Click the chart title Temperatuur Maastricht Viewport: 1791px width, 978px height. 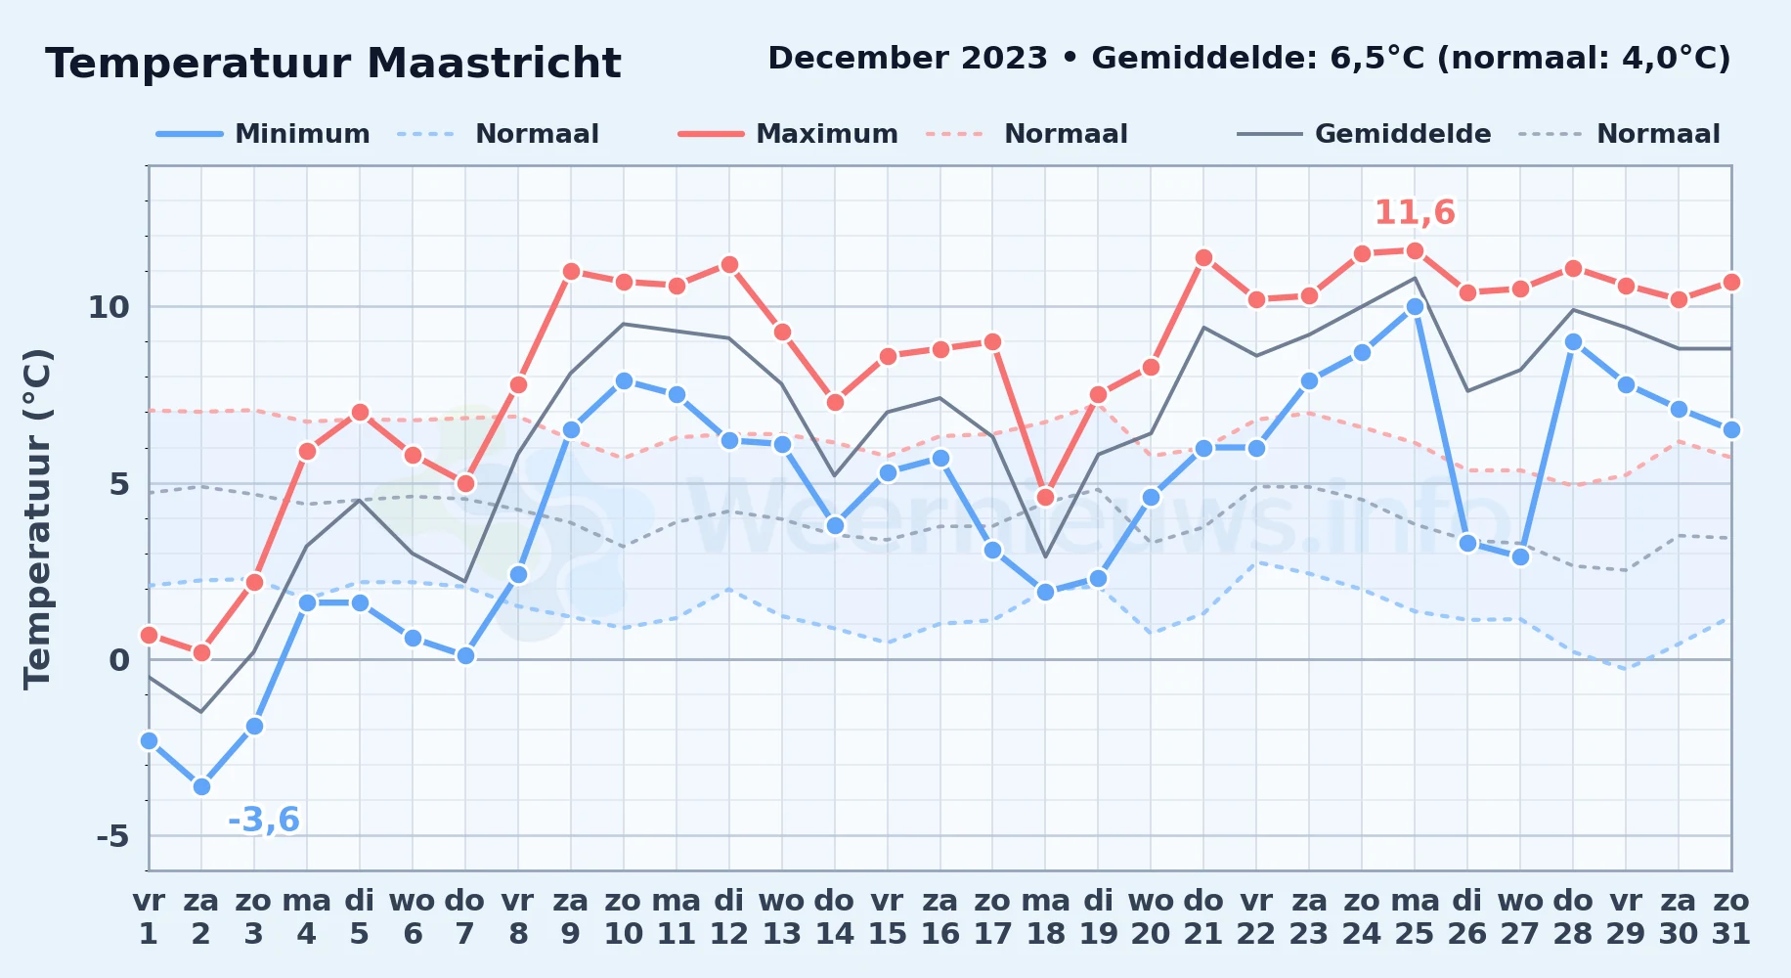pyautogui.click(x=333, y=64)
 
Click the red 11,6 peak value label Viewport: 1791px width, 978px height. pyautogui.click(x=1415, y=212)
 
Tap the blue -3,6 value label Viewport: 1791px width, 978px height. pyautogui.click(x=263, y=820)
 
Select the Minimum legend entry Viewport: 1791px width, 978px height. pyautogui.click(x=263, y=134)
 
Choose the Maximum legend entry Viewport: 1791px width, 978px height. pyautogui.click(x=788, y=134)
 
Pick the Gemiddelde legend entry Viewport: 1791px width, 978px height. pyautogui.click(x=1364, y=134)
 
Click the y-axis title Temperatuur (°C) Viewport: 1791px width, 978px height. pyautogui.click(x=38, y=518)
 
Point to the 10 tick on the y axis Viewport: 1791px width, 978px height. pyautogui.click(x=109, y=307)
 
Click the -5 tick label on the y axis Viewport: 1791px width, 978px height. pyautogui.click(x=112, y=836)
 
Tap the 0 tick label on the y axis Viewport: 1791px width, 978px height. pyautogui.click(x=119, y=660)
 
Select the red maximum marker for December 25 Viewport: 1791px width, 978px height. pyautogui.click(x=1415, y=250)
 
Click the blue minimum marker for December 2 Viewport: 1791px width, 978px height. pyautogui.click(x=201, y=786)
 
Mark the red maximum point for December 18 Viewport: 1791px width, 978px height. pyautogui.click(x=1045, y=497)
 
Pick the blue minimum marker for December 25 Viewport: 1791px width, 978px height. pyautogui.click(x=1415, y=306)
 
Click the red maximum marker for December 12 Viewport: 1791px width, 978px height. pyautogui.click(x=728, y=264)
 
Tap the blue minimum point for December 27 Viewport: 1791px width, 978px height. pyautogui.click(x=1520, y=556)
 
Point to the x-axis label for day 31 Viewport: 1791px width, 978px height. pyautogui.click(x=1730, y=917)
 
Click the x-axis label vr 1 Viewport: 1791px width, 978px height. pyautogui.click(x=149, y=917)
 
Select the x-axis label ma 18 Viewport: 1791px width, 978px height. pyautogui.click(x=1045, y=917)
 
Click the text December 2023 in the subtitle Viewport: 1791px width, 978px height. pyautogui.click(x=908, y=59)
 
